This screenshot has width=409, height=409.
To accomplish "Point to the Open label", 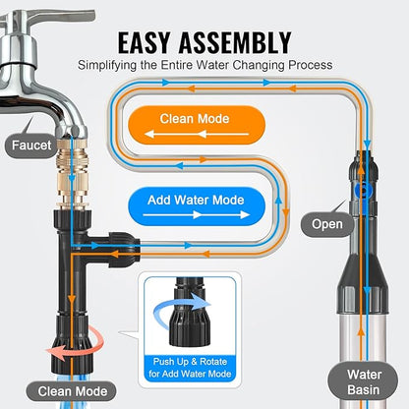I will click(x=328, y=223).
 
